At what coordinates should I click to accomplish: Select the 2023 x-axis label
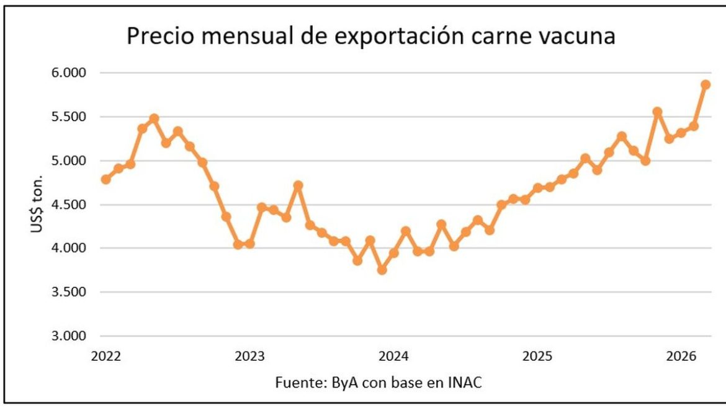click(x=250, y=357)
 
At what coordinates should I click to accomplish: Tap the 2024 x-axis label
click(x=393, y=357)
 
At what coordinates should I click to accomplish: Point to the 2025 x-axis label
click(x=537, y=357)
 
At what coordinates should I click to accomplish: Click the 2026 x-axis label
click(x=681, y=357)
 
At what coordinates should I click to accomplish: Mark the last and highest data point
click(x=706, y=85)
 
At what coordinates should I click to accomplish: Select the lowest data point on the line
click(x=382, y=270)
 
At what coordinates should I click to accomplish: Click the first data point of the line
click(x=106, y=179)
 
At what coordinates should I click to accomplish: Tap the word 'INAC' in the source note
click(x=465, y=383)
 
